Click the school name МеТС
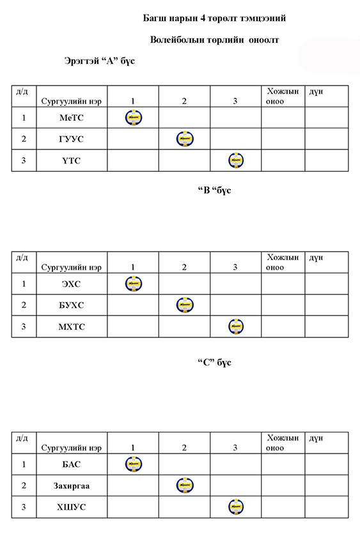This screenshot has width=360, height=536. click(x=71, y=118)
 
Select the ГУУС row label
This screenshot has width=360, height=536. click(x=71, y=139)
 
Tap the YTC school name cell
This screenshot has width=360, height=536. click(x=71, y=160)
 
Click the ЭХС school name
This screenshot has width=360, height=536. click(x=71, y=284)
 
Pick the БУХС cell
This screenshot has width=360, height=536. click(x=71, y=305)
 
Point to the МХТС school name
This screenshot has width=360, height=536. click(x=71, y=326)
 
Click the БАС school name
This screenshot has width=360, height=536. click(x=71, y=464)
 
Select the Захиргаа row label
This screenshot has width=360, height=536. click(x=71, y=486)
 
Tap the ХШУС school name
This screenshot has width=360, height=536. click(x=71, y=507)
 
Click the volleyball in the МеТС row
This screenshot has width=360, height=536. click(x=134, y=118)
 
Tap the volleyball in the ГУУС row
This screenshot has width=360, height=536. click(x=185, y=139)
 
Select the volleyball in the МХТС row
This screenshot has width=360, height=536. click(x=236, y=326)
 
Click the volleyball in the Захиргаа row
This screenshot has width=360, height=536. click(x=185, y=486)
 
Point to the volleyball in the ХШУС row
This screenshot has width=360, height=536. click(x=236, y=507)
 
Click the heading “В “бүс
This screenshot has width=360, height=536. click(x=215, y=190)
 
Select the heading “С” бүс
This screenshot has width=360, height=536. click(x=215, y=362)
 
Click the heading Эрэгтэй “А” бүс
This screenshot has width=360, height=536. click(x=100, y=61)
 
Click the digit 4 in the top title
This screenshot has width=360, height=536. click(x=203, y=18)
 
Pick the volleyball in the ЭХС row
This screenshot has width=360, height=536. click(x=134, y=284)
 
